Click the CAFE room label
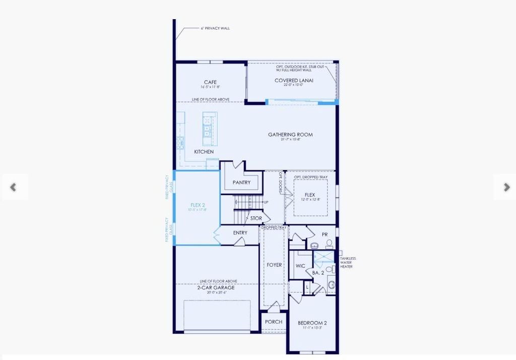210,82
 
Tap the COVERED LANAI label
294,81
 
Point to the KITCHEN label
204,152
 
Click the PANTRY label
241,182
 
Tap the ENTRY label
240,233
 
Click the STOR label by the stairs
256,219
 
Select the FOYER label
274,265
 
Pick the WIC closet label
300,266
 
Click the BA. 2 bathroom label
318,272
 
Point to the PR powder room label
325,234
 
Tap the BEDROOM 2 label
312,323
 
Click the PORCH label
274,322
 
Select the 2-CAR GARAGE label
216,287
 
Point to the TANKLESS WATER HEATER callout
348,262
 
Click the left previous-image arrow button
14,187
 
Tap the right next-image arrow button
506,187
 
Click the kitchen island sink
207,130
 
